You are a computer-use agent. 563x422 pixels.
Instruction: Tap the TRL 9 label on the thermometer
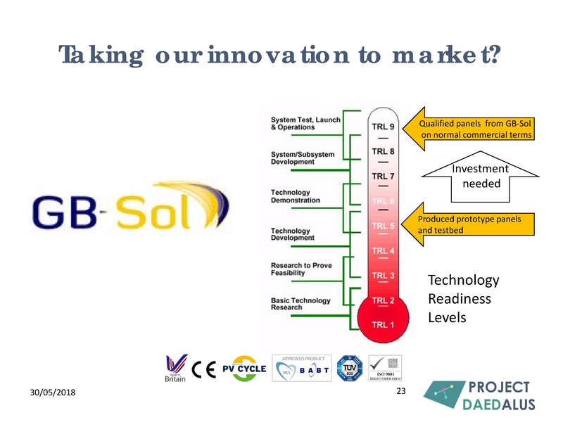(383, 127)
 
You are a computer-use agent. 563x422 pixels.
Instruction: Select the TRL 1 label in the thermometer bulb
(383, 324)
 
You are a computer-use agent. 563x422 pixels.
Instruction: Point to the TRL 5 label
(383, 226)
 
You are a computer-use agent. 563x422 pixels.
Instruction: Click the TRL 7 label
(383, 176)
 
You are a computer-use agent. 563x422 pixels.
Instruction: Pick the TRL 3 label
(383, 275)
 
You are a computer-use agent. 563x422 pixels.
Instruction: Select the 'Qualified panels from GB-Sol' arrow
(472, 129)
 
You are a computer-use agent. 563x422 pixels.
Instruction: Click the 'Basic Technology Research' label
(301, 304)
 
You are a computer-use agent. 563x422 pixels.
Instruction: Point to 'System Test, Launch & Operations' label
(305, 124)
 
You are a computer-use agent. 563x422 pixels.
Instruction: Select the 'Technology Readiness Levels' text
(463, 299)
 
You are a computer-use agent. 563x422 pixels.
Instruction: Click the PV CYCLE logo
(244, 369)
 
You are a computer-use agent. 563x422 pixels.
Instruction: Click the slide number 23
(402, 390)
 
